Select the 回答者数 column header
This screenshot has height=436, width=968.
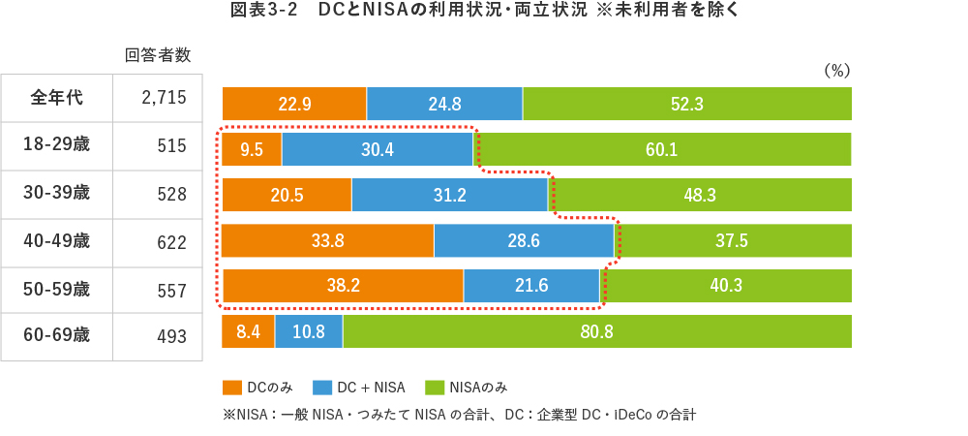[157, 55]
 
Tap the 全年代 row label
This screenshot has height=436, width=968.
[57, 98]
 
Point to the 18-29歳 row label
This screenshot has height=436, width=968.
[57, 145]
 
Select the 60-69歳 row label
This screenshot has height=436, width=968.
[57, 335]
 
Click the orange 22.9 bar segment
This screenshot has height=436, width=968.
[294, 103]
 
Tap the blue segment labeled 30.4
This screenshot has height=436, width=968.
[377, 149]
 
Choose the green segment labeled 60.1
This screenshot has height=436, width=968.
[662, 149]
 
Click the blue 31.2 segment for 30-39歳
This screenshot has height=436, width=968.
[450, 195]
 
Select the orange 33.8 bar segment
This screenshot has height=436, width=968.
[327, 241]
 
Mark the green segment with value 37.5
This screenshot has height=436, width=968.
[732, 241]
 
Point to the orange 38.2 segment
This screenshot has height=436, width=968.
[343, 287]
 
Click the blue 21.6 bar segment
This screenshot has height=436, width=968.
[531, 287]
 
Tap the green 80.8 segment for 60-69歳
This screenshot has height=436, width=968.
[597, 332]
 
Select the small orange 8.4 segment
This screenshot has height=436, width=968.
[248, 332]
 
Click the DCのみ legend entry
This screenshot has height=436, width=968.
[257, 387]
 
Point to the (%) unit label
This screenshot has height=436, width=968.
[835, 70]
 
